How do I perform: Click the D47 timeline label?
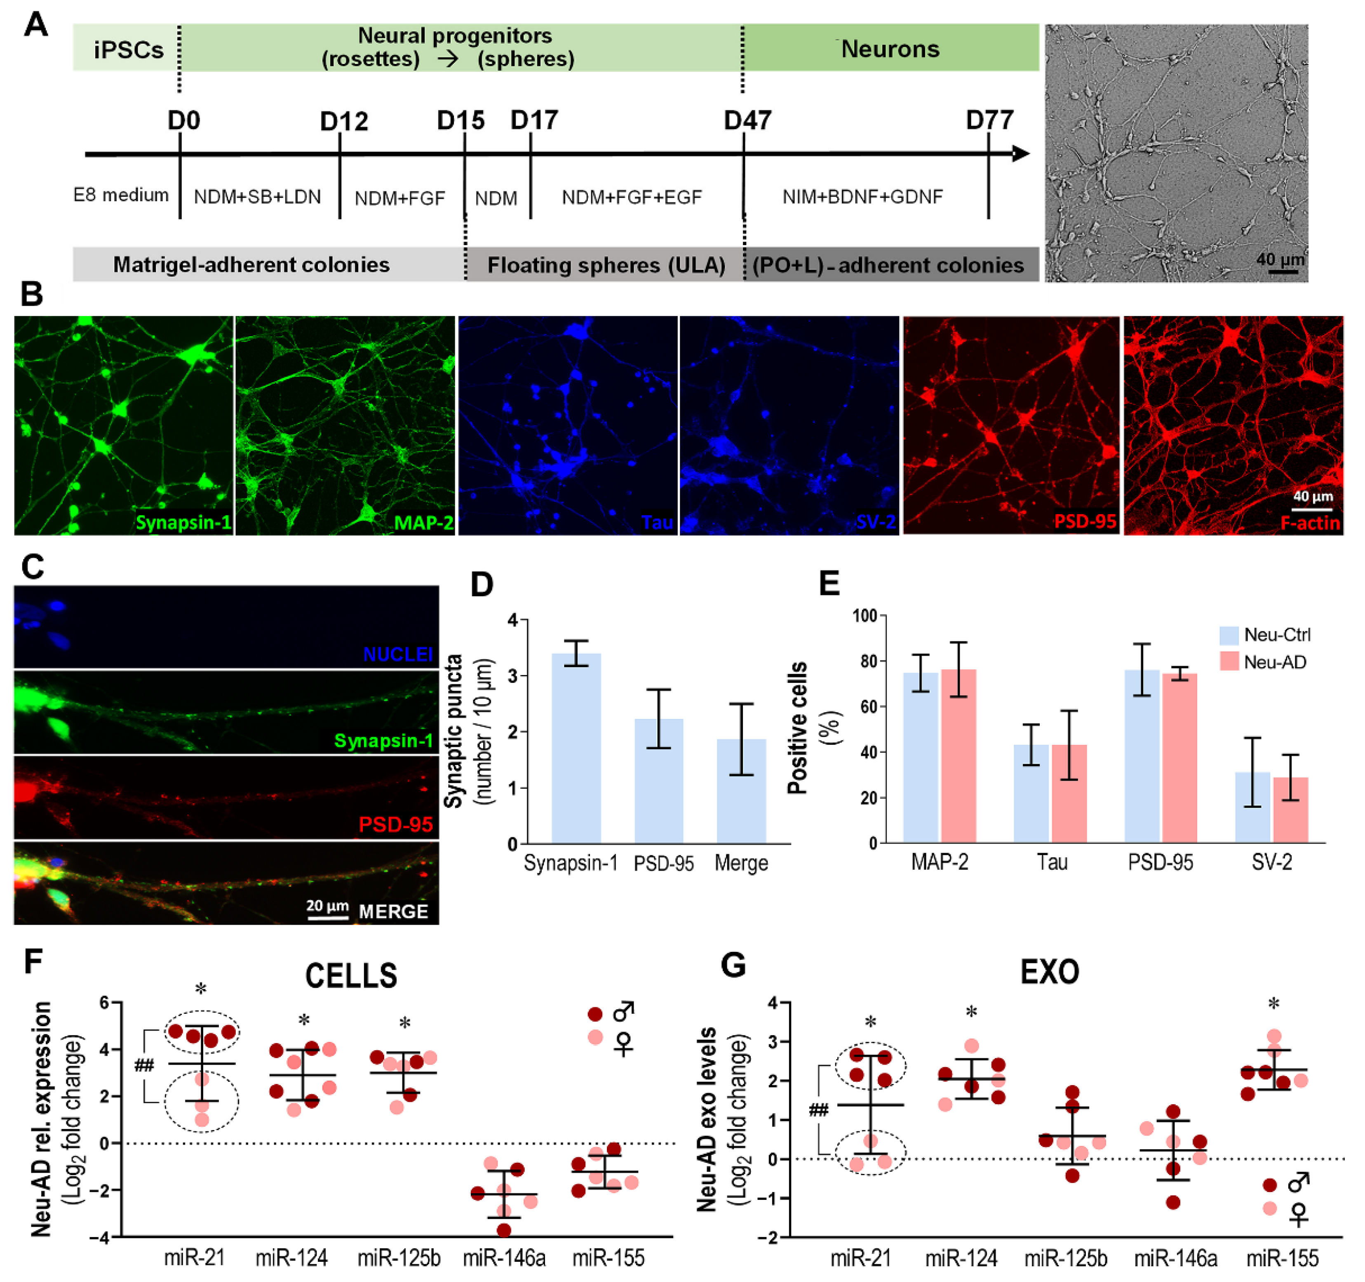click(747, 121)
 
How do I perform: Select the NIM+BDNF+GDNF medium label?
click(862, 197)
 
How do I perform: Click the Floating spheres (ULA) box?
click(606, 264)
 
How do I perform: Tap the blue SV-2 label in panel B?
click(876, 522)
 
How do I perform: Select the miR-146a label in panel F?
click(504, 1258)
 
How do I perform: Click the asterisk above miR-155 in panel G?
click(1273, 1004)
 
